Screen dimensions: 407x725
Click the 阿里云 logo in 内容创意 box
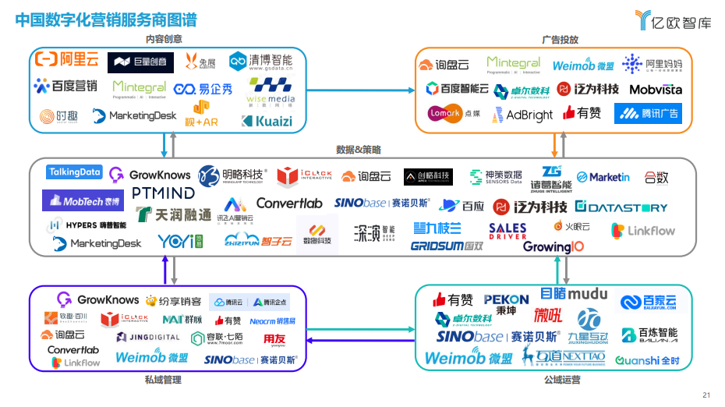pyautogui.click(x=69, y=59)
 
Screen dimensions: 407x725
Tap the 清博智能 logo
pyautogui.click(x=261, y=61)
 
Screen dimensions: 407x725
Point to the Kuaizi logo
pyautogui.click(x=267, y=121)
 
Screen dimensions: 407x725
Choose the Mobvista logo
pyautogui.click(x=655, y=90)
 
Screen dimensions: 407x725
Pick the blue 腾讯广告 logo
pyautogui.click(x=648, y=114)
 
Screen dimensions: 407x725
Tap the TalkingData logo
pyautogui.click(x=74, y=172)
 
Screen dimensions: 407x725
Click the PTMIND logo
pyautogui.click(x=163, y=192)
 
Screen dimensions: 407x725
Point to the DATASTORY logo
pyautogui.click(x=621, y=207)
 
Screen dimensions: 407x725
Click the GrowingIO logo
pyautogui.click(x=553, y=247)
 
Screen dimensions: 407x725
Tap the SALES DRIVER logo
pyautogui.click(x=507, y=232)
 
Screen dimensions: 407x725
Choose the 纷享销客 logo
pyautogui.click(x=173, y=301)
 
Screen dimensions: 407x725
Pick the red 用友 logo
pyautogui.click(x=274, y=339)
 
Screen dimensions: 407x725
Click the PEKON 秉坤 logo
pyautogui.click(x=506, y=303)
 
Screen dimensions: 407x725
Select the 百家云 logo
pyautogui.click(x=649, y=303)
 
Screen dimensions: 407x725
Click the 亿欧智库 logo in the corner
pyautogui.click(x=673, y=20)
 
